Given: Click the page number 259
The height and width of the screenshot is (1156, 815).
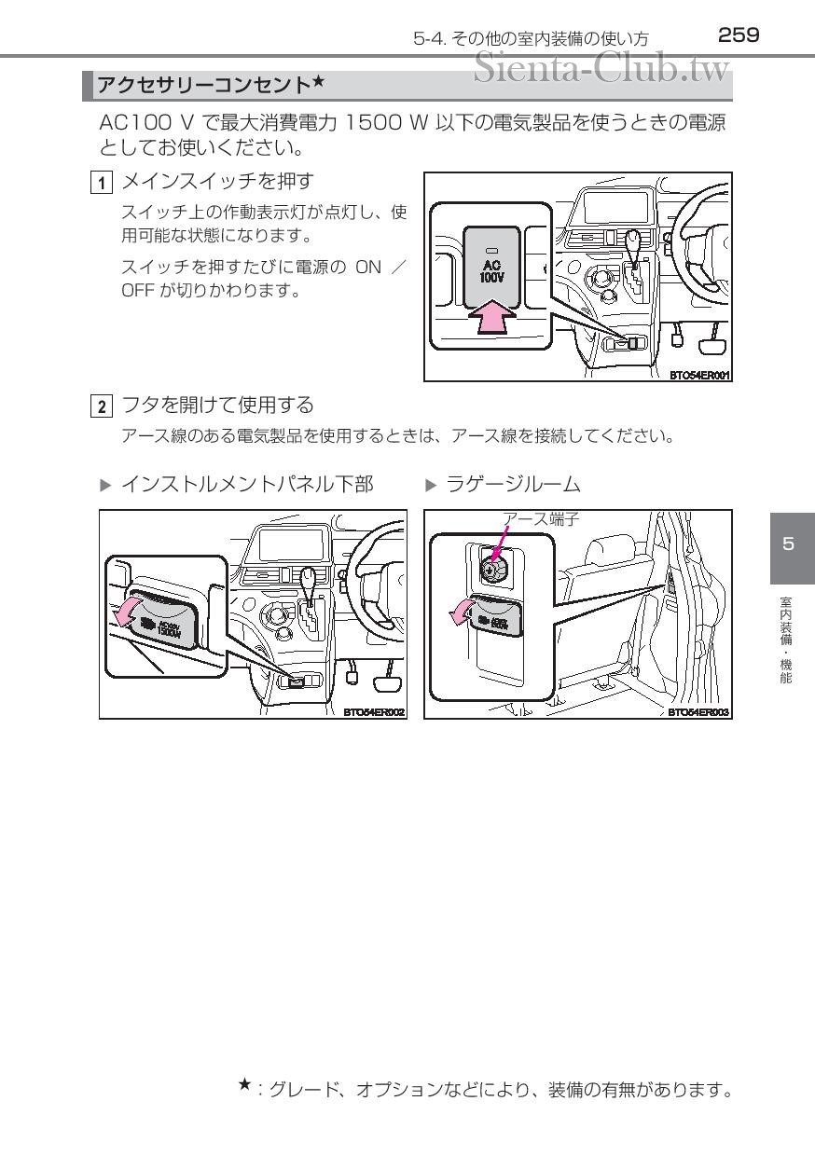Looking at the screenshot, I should tap(739, 35).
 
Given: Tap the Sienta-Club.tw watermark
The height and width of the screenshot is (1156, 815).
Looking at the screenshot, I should tap(602, 67).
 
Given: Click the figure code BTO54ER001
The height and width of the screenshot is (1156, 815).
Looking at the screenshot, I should tap(698, 375).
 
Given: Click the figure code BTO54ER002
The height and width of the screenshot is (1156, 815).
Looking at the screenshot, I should tap(374, 712).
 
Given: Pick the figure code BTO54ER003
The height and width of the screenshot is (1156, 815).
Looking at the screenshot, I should tap(698, 712).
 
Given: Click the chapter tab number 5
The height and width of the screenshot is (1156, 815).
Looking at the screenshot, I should tap(789, 544).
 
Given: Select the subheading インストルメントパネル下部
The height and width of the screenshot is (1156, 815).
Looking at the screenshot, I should tap(247, 485).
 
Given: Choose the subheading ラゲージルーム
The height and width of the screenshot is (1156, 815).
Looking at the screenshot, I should tap(514, 485).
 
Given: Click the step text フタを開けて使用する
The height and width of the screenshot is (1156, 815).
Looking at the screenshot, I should tap(218, 406).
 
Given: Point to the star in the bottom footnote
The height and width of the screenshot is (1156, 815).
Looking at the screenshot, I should tap(244, 1083).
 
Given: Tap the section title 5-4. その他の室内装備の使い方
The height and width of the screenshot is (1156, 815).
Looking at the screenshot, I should tap(532, 38).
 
